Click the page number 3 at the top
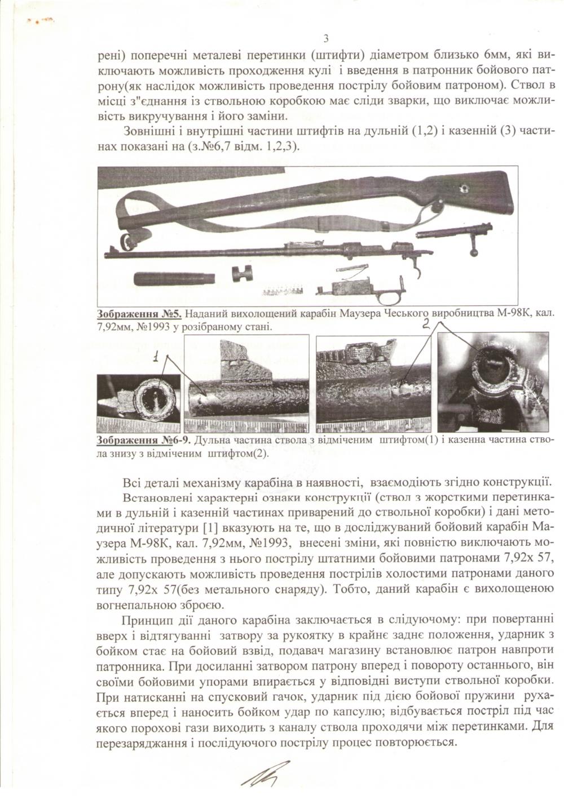point(325,38)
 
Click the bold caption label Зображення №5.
point(139,314)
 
